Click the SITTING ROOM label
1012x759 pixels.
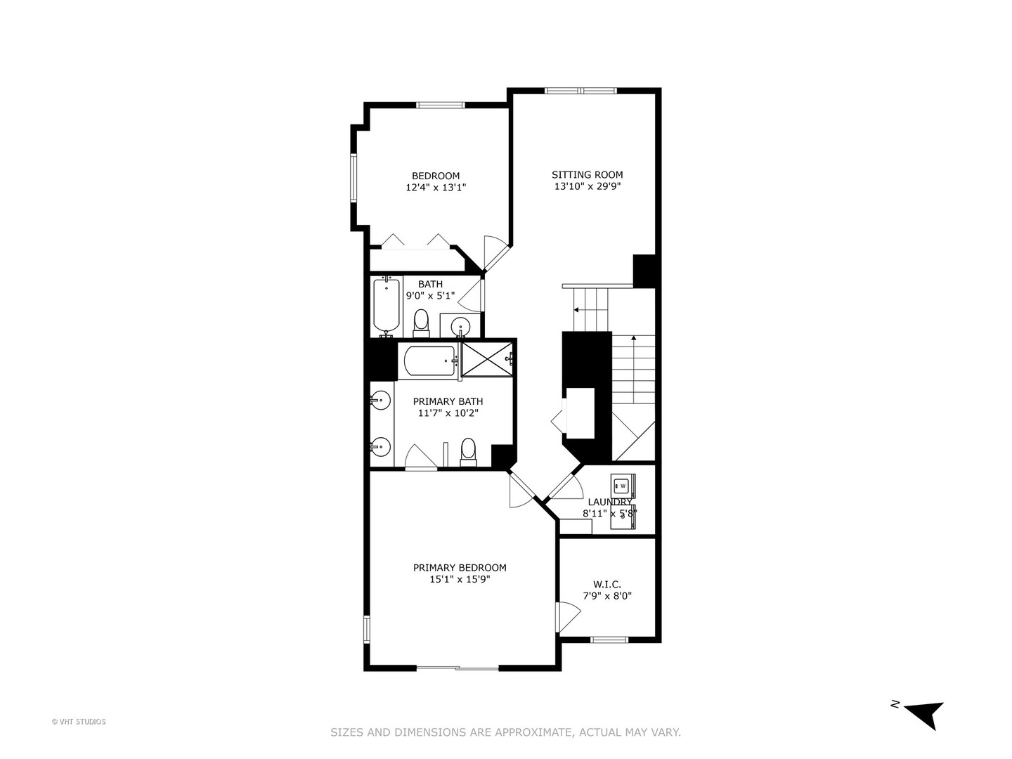587,175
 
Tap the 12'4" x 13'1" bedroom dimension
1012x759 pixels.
436,188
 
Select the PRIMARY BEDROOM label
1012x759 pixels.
460,568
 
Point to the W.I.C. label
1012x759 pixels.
607,584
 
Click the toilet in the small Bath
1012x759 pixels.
421,323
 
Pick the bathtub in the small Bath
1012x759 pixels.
387,306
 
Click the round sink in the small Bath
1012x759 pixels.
460,326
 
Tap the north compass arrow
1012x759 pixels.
926,713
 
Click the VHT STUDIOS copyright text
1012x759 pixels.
79,722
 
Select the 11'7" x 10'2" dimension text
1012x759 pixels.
448,413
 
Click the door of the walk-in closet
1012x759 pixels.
568,616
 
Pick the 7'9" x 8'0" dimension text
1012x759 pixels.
607,596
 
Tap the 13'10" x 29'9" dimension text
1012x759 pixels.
587,187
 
